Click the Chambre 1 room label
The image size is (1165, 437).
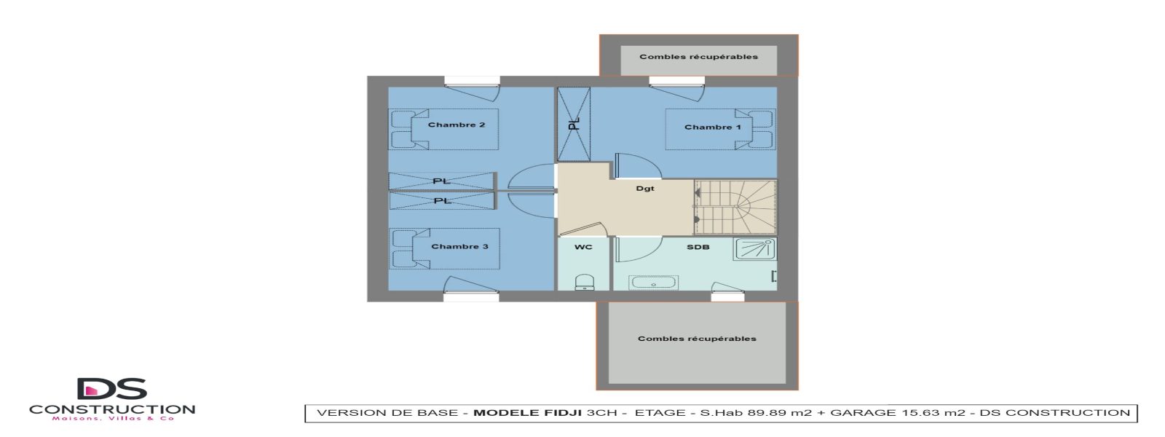(712, 127)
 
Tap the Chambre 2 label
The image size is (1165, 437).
(457, 125)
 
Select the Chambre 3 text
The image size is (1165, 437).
(459, 247)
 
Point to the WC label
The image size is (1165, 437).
(583, 248)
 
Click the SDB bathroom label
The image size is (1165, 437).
(698, 248)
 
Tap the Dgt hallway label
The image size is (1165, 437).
(645, 189)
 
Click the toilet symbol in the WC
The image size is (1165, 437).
(584, 282)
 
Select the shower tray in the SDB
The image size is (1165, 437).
(755, 249)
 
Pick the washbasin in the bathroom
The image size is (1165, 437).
(654, 282)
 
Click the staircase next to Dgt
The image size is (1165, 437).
(734, 207)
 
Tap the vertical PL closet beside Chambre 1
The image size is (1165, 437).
(574, 124)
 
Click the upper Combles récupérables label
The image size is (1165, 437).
(698, 57)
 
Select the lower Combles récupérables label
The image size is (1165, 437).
(697, 339)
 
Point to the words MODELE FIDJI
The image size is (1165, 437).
(527, 413)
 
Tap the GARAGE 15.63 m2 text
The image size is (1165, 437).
(898, 413)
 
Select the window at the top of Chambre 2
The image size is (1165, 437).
(471, 81)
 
